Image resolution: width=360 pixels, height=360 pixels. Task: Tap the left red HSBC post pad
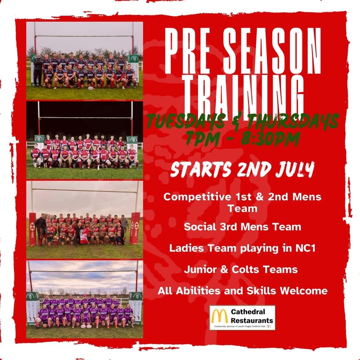(33, 228)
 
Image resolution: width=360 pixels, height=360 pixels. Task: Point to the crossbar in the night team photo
(85, 117)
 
